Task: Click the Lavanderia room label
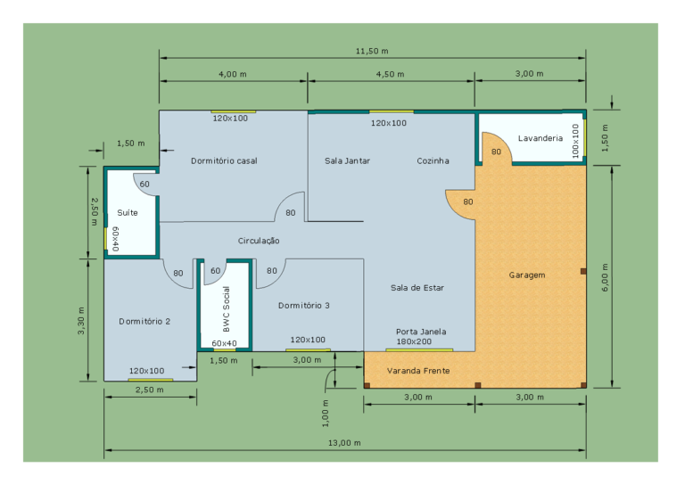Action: click(x=541, y=138)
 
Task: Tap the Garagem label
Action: click(x=527, y=275)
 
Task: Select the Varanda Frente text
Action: click(x=418, y=371)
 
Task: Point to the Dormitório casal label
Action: click(x=224, y=161)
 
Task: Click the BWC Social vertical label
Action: click(x=226, y=309)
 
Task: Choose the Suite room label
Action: click(x=128, y=213)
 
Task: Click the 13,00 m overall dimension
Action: click(x=344, y=443)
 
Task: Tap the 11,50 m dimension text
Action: click(x=372, y=51)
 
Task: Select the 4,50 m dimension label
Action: click(x=390, y=74)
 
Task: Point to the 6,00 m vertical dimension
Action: click(x=605, y=277)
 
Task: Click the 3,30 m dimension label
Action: click(x=81, y=321)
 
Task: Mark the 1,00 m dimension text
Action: click(x=326, y=414)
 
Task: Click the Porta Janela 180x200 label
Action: click(x=421, y=337)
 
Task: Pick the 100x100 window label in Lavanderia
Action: click(x=575, y=141)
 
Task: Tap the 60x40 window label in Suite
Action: click(x=115, y=239)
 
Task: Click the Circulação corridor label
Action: click(x=259, y=241)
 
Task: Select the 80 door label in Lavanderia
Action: click(x=496, y=152)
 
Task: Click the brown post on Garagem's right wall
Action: click(x=583, y=272)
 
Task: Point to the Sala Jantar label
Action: click(x=347, y=161)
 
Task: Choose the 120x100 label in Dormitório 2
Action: click(x=147, y=371)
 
